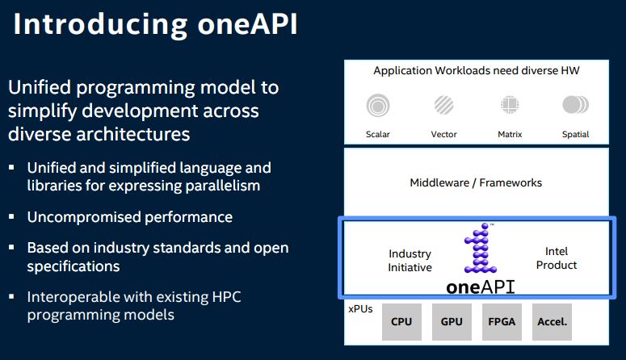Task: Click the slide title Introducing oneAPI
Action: (x=155, y=23)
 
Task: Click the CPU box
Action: (x=401, y=321)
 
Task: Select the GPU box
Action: (x=452, y=321)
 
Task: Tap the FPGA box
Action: (x=502, y=321)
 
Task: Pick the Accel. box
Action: (x=552, y=321)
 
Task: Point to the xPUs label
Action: (x=360, y=308)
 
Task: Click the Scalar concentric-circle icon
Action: (x=376, y=105)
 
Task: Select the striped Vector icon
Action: (x=443, y=105)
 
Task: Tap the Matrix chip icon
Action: (x=509, y=105)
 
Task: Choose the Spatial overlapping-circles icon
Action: (x=575, y=105)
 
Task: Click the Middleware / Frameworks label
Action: (x=476, y=182)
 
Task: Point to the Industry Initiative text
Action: (x=410, y=260)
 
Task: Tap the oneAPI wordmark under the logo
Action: (x=480, y=287)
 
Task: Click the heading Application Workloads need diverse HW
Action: (x=476, y=71)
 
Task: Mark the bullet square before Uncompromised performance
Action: (x=13, y=217)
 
